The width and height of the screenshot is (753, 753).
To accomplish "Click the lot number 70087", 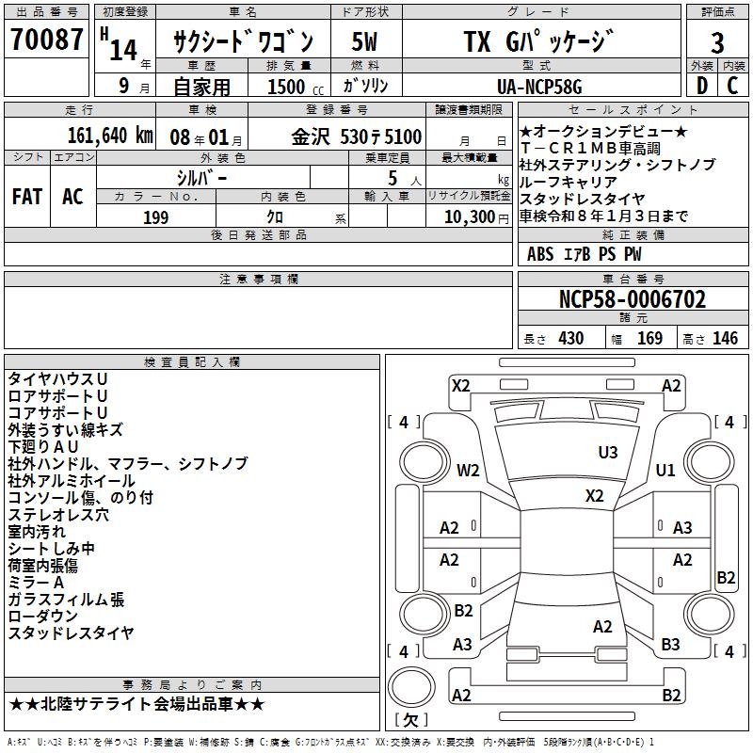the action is [x=47, y=40].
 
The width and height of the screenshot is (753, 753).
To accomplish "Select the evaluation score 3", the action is [x=717, y=43].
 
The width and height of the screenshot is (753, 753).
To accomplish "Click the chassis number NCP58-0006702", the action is [x=633, y=300].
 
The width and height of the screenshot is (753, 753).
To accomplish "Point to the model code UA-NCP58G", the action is [x=539, y=87].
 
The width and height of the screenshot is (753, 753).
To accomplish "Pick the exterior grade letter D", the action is [x=700, y=86].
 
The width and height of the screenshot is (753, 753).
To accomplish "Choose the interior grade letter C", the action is [x=732, y=86].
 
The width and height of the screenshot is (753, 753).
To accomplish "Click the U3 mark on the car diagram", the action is [x=608, y=453].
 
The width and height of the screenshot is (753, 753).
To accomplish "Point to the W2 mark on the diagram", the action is [x=468, y=470].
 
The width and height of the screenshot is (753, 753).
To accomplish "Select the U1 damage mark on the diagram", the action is [x=666, y=470].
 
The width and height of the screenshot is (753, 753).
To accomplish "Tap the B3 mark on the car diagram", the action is [x=670, y=645].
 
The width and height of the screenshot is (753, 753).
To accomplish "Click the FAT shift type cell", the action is [x=26, y=196].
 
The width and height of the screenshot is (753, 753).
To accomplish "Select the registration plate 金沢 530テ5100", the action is [x=356, y=136].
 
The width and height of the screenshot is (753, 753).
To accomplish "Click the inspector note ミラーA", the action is [x=37, y=583].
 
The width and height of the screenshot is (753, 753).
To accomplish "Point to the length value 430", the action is [x=570, y=339].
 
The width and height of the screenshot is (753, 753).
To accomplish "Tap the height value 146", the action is [x=725, y=339].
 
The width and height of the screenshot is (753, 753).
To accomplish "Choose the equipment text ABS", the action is [x=540, y=254].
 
